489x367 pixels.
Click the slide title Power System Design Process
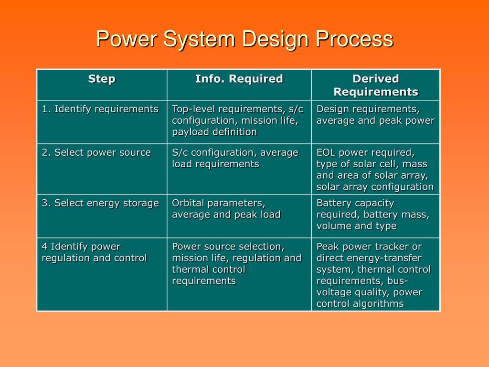[x=244, y=39]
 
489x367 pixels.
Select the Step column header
[x=102, y=79]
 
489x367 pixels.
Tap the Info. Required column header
[x=239, y=79]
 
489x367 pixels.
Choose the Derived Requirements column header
[x=375, y=85]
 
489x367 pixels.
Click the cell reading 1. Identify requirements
[x=100, y=109]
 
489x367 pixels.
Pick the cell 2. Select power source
[x=96, y=152]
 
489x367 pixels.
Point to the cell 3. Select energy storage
[x=100, y=203]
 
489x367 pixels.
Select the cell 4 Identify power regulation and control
[x=94, y=252]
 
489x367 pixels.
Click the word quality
[x=373, y=292]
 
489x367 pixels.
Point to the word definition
[x=233, y=132]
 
